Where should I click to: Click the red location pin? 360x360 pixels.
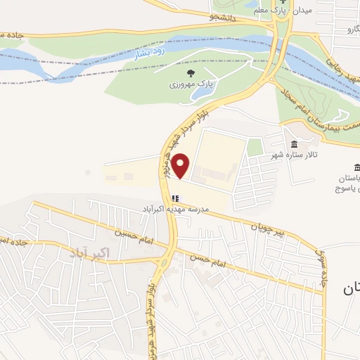point(181,165)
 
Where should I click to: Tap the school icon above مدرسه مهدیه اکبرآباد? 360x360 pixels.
point(175,198)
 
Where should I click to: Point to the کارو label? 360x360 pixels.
point(345,30)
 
